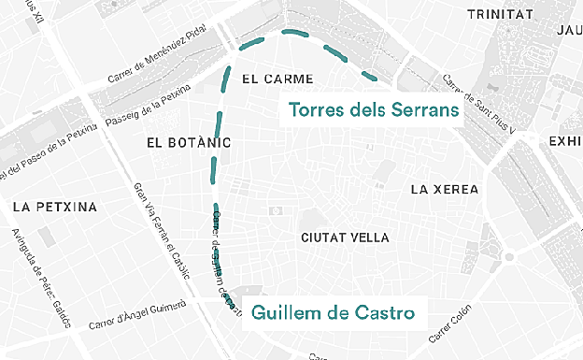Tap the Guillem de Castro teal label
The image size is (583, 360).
tap(333, 311)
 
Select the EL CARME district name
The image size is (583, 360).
tap(277, 79)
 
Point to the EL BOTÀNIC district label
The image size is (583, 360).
tap(188, 143)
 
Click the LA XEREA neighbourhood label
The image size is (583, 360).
tap(444, 190)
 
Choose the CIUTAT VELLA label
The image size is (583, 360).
tap(345, 238)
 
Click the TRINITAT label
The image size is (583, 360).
tap(498, 14)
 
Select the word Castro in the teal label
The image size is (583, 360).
tap(383, 311)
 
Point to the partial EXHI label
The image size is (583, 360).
tap(564, 141)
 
